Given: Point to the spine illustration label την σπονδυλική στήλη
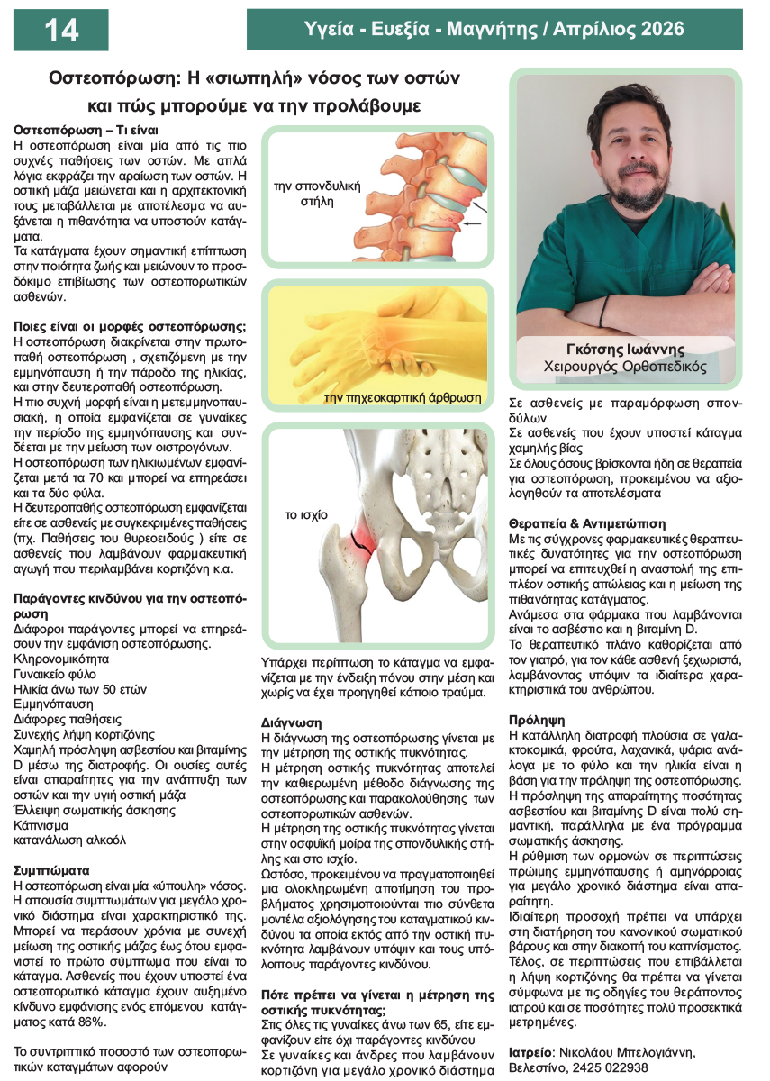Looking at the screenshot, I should pos(316,194).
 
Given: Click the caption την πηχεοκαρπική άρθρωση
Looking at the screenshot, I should pos(402,397).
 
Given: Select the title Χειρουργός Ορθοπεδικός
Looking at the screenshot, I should pos(626,368).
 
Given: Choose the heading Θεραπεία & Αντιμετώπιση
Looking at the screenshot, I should pos(587,523).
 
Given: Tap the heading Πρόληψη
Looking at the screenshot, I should pos(537,721).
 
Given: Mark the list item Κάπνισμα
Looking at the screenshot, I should pos(42,825).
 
